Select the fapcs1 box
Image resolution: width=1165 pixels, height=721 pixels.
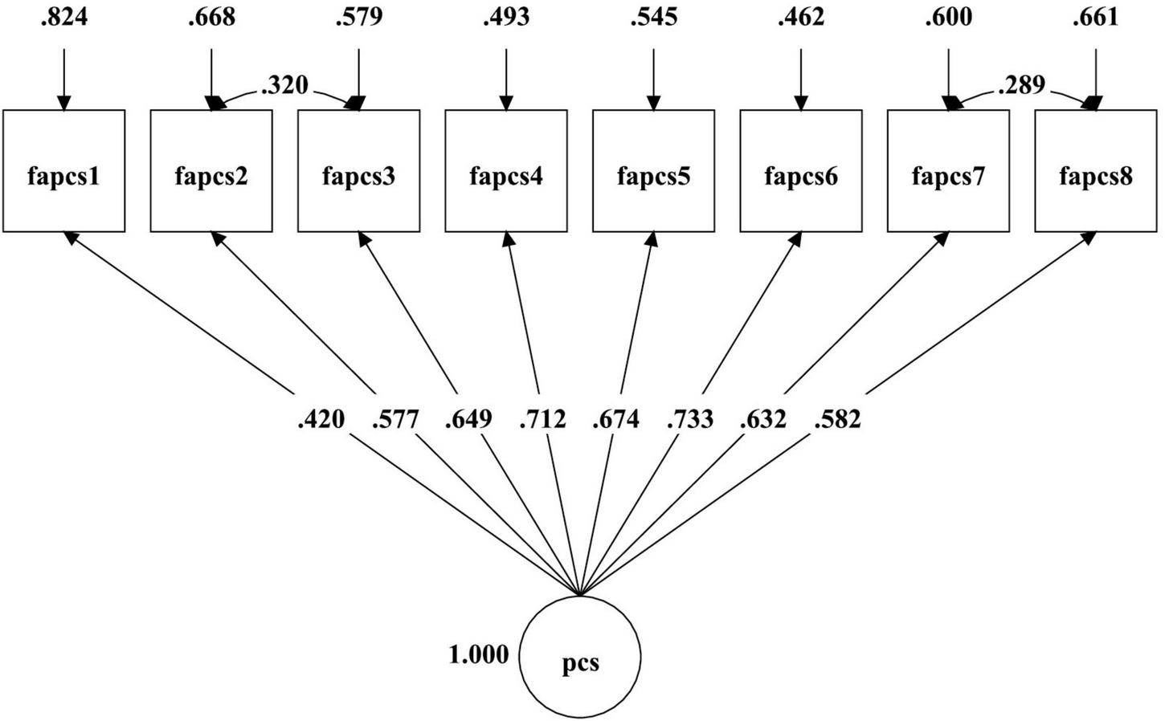(x=64, y=171)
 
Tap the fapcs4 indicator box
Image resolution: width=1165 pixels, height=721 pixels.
(x=506, y=171)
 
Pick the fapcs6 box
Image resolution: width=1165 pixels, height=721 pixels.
(x=801, y=171)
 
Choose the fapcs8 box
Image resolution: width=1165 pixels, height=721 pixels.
(x=1096, y=171)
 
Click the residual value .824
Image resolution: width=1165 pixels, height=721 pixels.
(x=64, y=17)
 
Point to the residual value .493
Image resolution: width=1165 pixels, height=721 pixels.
(x=506, y=17)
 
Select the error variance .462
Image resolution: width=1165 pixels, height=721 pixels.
(x=801, y=17)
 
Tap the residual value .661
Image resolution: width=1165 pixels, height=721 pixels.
(x=1096, y=17)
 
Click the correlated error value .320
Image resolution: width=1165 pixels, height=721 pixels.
(x=284, y=85)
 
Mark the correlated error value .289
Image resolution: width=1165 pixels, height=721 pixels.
(x=1021, y=85)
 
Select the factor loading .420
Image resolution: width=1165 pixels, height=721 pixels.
(x=321, y=419)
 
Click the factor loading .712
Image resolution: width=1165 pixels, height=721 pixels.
(x=542, y=419)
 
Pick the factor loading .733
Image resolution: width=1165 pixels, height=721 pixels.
(x=689, y=419)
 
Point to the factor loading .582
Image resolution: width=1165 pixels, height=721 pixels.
(x=837, y=419)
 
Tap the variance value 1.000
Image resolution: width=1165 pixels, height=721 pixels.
(x=478, y=655)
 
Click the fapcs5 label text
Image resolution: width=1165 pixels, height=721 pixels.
(x=653, y=176)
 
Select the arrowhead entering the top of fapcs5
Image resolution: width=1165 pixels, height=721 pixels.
(x=654, y=103)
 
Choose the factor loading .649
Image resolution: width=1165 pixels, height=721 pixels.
(x=468, y=419)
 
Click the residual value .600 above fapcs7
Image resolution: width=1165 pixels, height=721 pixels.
(x=948, y=17)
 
